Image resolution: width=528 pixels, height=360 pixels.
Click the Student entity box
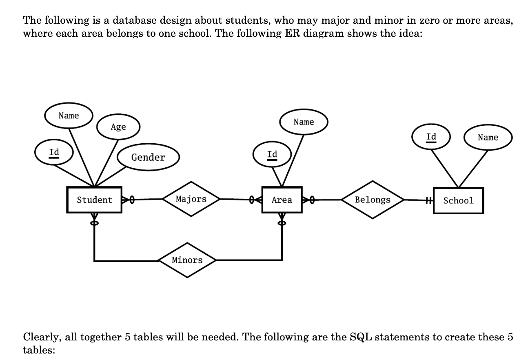94,200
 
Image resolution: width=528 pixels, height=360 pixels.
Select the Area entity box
282,200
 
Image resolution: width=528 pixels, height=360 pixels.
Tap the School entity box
458,200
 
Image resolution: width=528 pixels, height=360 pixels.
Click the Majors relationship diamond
191,199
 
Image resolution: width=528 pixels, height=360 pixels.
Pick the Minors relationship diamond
187,260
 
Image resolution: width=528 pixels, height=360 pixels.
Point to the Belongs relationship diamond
373,200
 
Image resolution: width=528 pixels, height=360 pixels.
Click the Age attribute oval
118,127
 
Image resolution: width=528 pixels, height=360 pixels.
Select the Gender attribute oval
148,158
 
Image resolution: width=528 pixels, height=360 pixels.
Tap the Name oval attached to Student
69,116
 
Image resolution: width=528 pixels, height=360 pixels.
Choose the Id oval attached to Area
272,155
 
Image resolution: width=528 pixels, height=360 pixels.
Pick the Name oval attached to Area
304,122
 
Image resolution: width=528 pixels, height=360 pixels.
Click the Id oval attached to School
431,137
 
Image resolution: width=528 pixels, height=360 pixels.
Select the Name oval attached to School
488,138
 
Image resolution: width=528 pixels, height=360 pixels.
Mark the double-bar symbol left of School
428,200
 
